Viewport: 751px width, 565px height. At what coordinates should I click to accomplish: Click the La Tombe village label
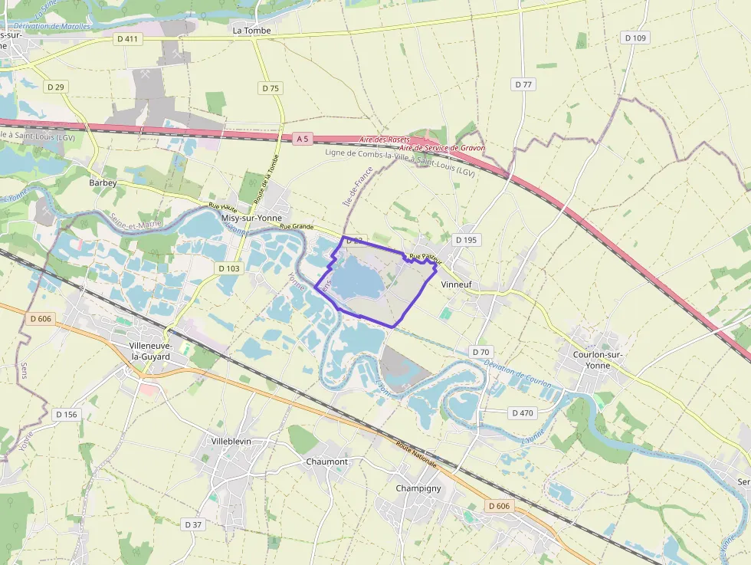tap(251, 31)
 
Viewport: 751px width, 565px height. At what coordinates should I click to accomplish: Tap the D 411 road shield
tap(128, 38)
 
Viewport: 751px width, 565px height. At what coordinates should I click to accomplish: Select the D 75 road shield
tap(270, 88)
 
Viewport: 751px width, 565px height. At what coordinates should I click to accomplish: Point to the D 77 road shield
tap(523, 84)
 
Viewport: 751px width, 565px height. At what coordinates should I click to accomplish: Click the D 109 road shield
tap(635, 38)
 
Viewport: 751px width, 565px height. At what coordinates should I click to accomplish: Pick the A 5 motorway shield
tap(304, 139)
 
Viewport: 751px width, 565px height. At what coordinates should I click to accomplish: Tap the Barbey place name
tap(103, 183)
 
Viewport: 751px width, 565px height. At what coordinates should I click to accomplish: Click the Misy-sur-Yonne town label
tap(251, 218)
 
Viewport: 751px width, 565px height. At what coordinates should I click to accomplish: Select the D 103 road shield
tap(228, 268)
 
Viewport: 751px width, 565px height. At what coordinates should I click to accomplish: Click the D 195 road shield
tap(466, 240)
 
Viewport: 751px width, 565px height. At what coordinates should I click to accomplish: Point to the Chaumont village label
tap(326, 462)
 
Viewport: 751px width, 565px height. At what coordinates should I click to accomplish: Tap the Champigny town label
tap(418, 488)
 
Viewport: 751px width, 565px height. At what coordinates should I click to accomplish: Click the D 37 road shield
tap(193, 524)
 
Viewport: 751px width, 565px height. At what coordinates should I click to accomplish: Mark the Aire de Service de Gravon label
tap(442, 148)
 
